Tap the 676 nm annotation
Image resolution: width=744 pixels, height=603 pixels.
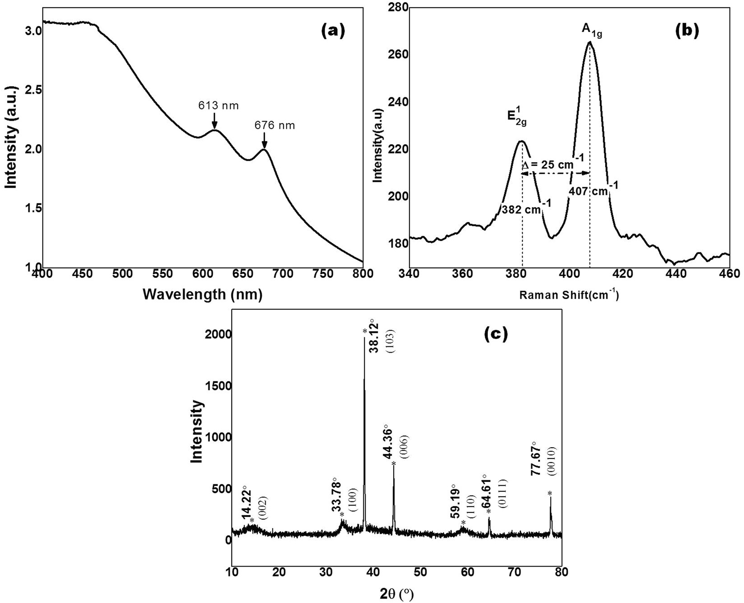pyautogui.click(x=274, y=125)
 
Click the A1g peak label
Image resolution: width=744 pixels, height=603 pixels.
pyautogui.click(x=592, y=30)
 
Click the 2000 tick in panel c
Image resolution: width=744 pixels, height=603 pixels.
pyautogui.click(x=216, y=335)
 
